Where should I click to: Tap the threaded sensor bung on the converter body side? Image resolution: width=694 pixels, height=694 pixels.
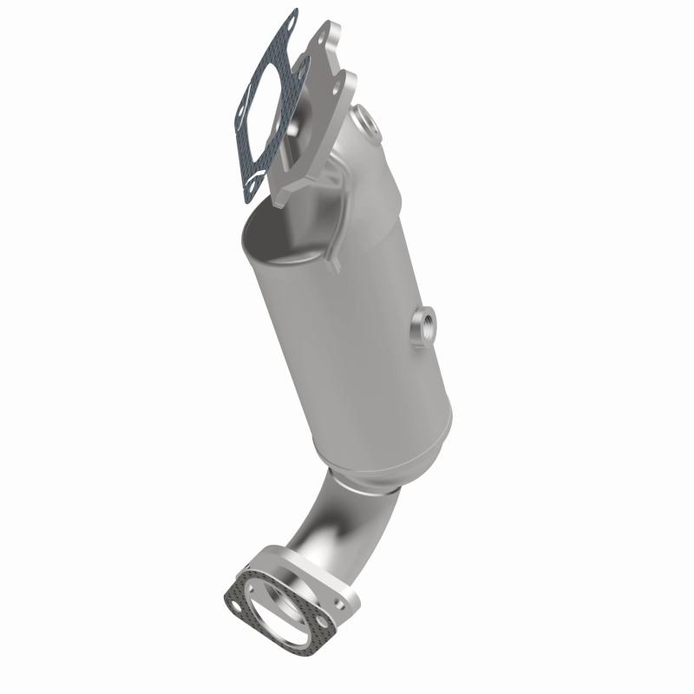(424, 326)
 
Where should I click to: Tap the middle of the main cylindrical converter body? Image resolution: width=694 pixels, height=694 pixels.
(347, 330)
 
